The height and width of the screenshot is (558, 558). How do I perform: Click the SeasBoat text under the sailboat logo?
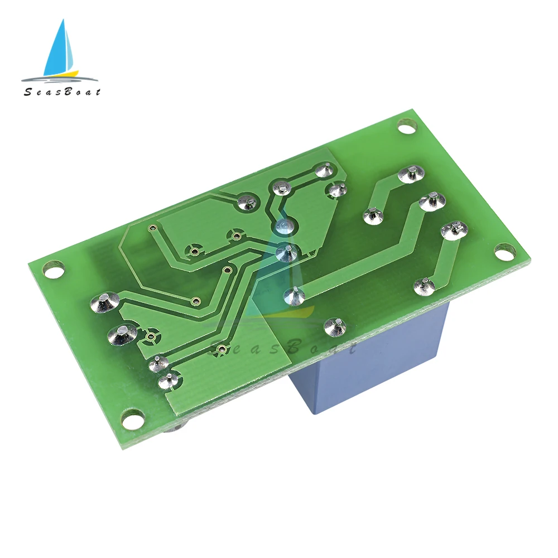pos(62,92)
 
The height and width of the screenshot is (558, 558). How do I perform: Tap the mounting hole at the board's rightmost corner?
pos(506,251)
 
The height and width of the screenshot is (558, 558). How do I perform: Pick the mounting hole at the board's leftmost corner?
pos(54,270)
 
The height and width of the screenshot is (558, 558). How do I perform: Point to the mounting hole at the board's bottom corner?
pos(133,417)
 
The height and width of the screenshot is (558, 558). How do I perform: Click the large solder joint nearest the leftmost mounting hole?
pos(105,302)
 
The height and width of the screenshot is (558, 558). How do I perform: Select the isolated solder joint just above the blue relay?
pos(336,327)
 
